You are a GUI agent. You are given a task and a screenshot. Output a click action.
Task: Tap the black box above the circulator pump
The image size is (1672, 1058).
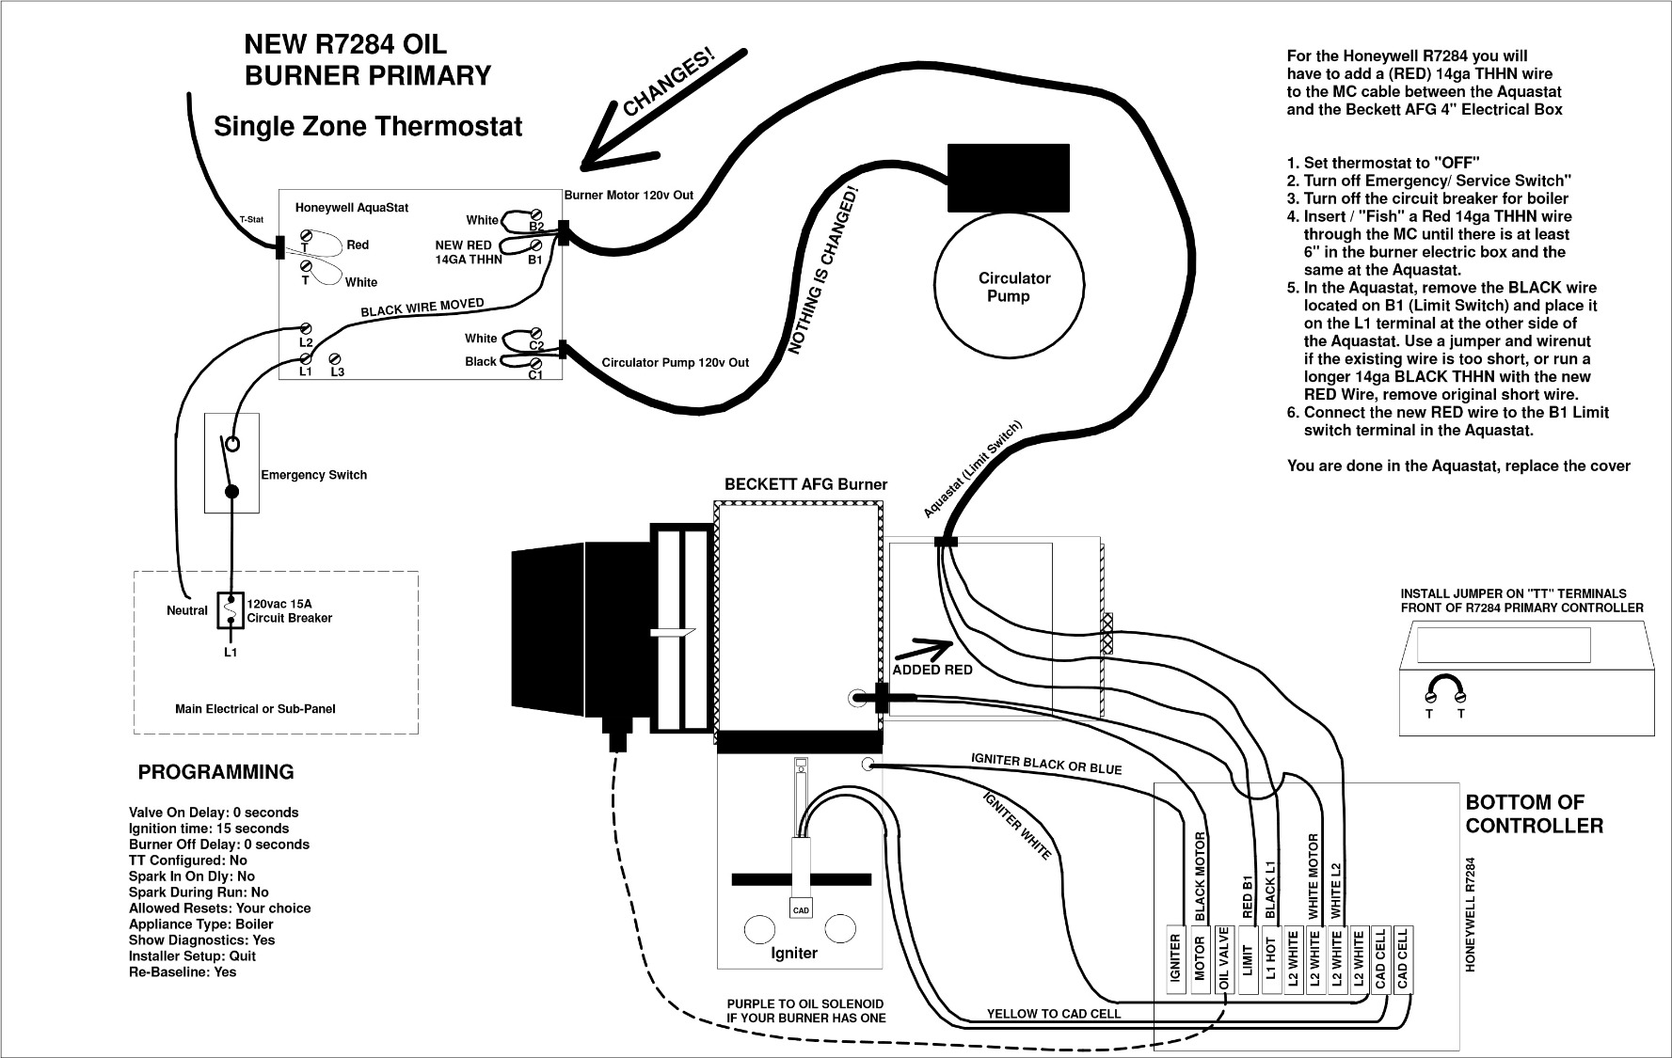pos(1008,178)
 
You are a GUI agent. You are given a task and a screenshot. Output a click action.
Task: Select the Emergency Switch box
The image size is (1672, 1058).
pos(231,463)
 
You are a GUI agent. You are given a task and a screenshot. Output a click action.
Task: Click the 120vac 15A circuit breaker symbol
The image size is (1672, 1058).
pos(231,610)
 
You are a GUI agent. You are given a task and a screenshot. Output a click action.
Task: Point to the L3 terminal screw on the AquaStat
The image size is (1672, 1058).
pos(335,358)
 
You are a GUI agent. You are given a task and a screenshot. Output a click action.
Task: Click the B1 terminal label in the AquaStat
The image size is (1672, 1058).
pos(534,260)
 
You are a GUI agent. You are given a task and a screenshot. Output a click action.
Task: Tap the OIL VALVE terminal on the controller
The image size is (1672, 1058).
pos(1224,957)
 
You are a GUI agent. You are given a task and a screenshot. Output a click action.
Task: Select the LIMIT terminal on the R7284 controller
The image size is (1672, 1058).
pos(1248,957)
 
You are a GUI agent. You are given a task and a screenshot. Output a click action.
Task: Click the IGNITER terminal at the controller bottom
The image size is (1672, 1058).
pos(1176,957)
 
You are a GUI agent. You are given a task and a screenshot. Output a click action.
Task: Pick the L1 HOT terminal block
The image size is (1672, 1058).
pos(1270,957)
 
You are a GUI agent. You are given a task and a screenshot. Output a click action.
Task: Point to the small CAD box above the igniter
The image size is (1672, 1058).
pos(801,909)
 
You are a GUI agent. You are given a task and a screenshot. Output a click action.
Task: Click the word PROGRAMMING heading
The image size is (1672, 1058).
pos(215,772)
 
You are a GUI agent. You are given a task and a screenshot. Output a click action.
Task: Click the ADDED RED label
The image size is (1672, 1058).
pos(932,670)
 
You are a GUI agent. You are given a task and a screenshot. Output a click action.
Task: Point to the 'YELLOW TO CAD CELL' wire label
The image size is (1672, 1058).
pos(1054,1014)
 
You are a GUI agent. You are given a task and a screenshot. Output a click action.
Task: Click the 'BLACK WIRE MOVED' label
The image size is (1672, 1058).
pos(422,308)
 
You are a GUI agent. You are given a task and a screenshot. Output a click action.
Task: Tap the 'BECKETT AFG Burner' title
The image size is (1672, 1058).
pos(805,484)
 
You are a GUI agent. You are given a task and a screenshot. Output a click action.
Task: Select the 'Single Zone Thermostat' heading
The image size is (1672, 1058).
pos(368,126)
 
